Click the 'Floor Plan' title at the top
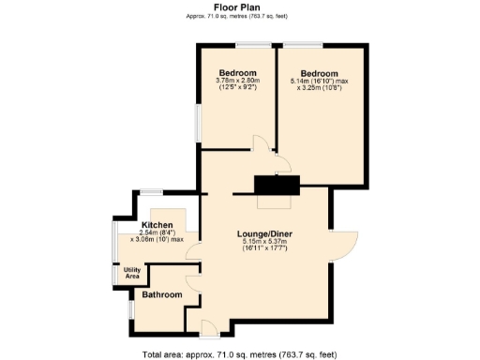tap(240, 6)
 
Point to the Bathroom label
tap(161, 294)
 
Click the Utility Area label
tap(131, 273)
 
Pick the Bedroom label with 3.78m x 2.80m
tap(238, 72)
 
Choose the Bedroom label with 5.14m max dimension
tap(320, 72)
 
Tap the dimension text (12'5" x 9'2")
tap(238, 89)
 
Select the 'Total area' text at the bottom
tap(240, 354)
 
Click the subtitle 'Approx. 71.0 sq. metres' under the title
tap(240, 16)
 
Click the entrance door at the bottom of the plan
tap(209, 327)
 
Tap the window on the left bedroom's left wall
tap(198, 120)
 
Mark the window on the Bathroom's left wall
tap(129, 308)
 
